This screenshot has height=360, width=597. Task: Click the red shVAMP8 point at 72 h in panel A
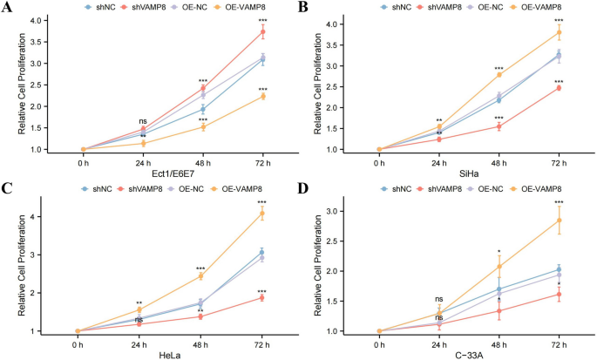[x=261, y=31]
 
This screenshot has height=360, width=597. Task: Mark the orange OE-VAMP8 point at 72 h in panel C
[x=261, y=213]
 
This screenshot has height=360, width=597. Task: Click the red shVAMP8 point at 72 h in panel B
[x=558, y=88]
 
